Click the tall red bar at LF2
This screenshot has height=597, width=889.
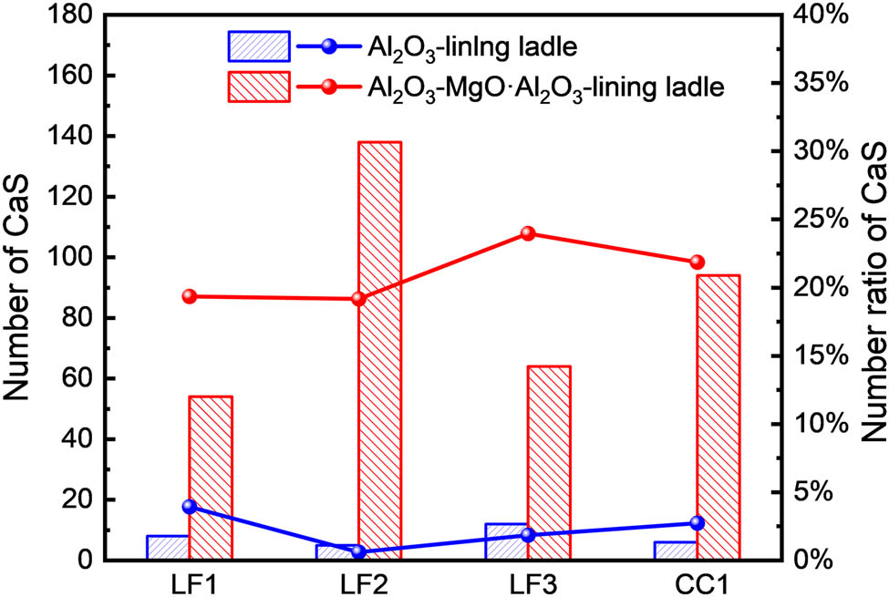[379, 351]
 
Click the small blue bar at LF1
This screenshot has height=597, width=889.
[167, 548]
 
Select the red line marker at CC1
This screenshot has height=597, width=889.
[698, 262]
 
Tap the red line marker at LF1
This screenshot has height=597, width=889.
[190, 296]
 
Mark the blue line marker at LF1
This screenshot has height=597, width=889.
[190, 507]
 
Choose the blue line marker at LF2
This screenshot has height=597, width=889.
[358, 551]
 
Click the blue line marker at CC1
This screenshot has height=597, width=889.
[698, 523]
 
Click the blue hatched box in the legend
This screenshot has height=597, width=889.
[258, 44]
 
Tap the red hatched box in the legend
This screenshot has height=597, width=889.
[258, 86]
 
